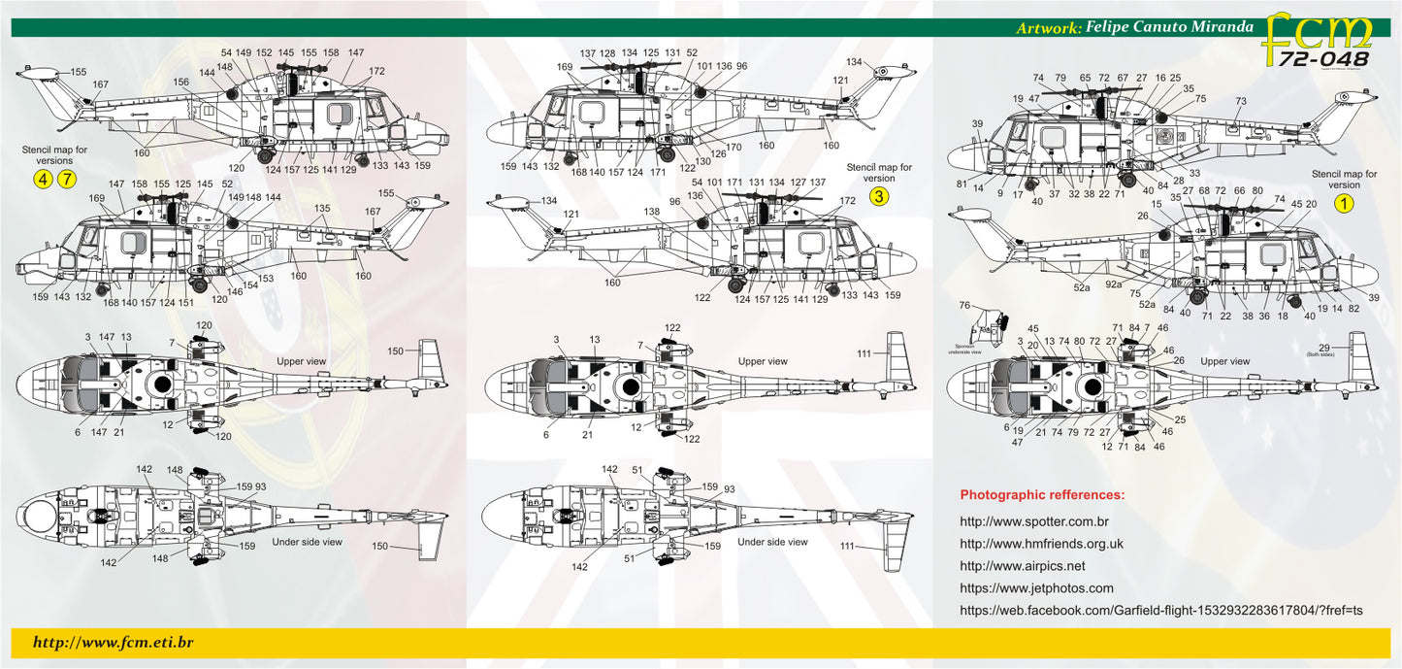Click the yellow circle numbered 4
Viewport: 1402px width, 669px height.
(43, 179)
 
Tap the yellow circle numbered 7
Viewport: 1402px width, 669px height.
(66, 179)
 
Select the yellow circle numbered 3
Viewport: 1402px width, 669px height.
(878, 197)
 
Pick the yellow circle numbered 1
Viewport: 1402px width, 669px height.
(1344, 203)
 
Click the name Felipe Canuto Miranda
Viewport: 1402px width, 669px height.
(1170, 28)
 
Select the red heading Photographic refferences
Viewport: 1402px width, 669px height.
(1042, 495)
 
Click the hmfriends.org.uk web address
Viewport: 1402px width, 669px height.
(1041, 544)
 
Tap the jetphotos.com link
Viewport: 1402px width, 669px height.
(1036, 587)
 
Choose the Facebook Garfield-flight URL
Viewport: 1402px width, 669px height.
(1160, 610)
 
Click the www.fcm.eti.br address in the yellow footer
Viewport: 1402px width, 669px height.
(114, 642)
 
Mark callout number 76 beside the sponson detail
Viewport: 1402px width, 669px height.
(964, 305)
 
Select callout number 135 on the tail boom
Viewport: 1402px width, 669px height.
(322, 208)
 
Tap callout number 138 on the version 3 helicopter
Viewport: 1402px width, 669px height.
(651, 211)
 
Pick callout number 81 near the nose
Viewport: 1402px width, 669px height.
(962, 184)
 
